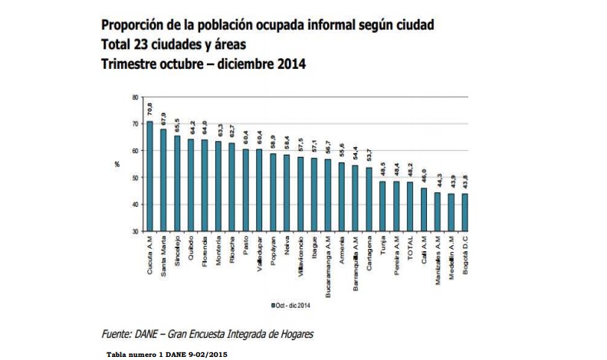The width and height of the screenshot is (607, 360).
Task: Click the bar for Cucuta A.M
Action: (x=150, y=176)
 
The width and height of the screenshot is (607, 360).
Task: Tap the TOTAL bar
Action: (x=410, y=206)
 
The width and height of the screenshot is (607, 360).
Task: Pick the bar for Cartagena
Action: (x=369, y=199)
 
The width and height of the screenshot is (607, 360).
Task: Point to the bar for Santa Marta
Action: (x=164, y=180)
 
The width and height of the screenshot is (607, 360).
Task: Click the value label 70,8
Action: (x=150, y=109)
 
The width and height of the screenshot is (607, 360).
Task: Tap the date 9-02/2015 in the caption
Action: (x=207, y=354)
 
